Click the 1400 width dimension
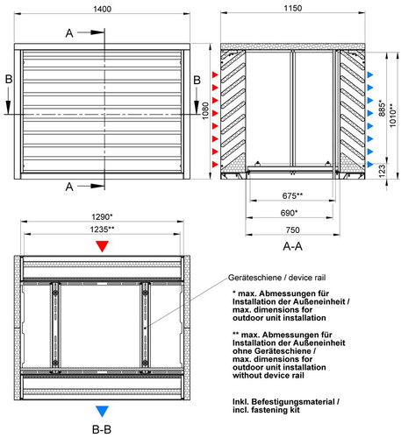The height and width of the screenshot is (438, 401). [x=102, y=9]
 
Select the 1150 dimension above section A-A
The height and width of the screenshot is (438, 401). [x=293, y=8]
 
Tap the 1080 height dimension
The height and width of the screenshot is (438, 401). [x=205, y=110]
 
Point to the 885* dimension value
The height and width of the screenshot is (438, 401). [x=382, y=109]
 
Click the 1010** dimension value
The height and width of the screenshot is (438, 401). [x=392, y=116]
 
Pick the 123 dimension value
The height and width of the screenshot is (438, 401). [x=382, y=171]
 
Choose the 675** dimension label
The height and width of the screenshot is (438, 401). [x=292, y=195]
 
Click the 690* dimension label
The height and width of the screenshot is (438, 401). [x=289, y=213]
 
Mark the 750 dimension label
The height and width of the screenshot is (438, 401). [x=292, y=230]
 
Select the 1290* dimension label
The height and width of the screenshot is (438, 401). [x=102, y=217]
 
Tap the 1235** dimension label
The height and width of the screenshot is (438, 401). [x=102, y=230]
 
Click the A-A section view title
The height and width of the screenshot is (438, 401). [x=292, y=247]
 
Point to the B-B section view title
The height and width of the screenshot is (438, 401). [x=102, y=430]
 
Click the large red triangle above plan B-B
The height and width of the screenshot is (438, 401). [x=102, y=246]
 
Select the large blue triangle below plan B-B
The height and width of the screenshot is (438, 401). [x=102, y=411]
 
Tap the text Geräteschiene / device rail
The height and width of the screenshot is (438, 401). [x=276, y=278]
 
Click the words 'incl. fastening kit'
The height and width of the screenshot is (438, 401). [x=266, y=410]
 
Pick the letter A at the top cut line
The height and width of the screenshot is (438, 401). [x=69, y=33]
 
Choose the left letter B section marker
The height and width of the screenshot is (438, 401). [x=9, y=80]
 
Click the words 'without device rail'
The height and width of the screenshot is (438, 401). [x=269, y=375]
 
